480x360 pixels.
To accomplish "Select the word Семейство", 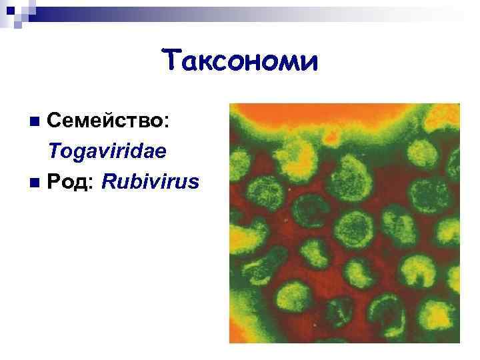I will click(x=107, y=121).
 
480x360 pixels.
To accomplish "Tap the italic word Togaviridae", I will click(x=107, y=151).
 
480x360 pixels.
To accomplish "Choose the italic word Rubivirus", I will click(x=149, y=181).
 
